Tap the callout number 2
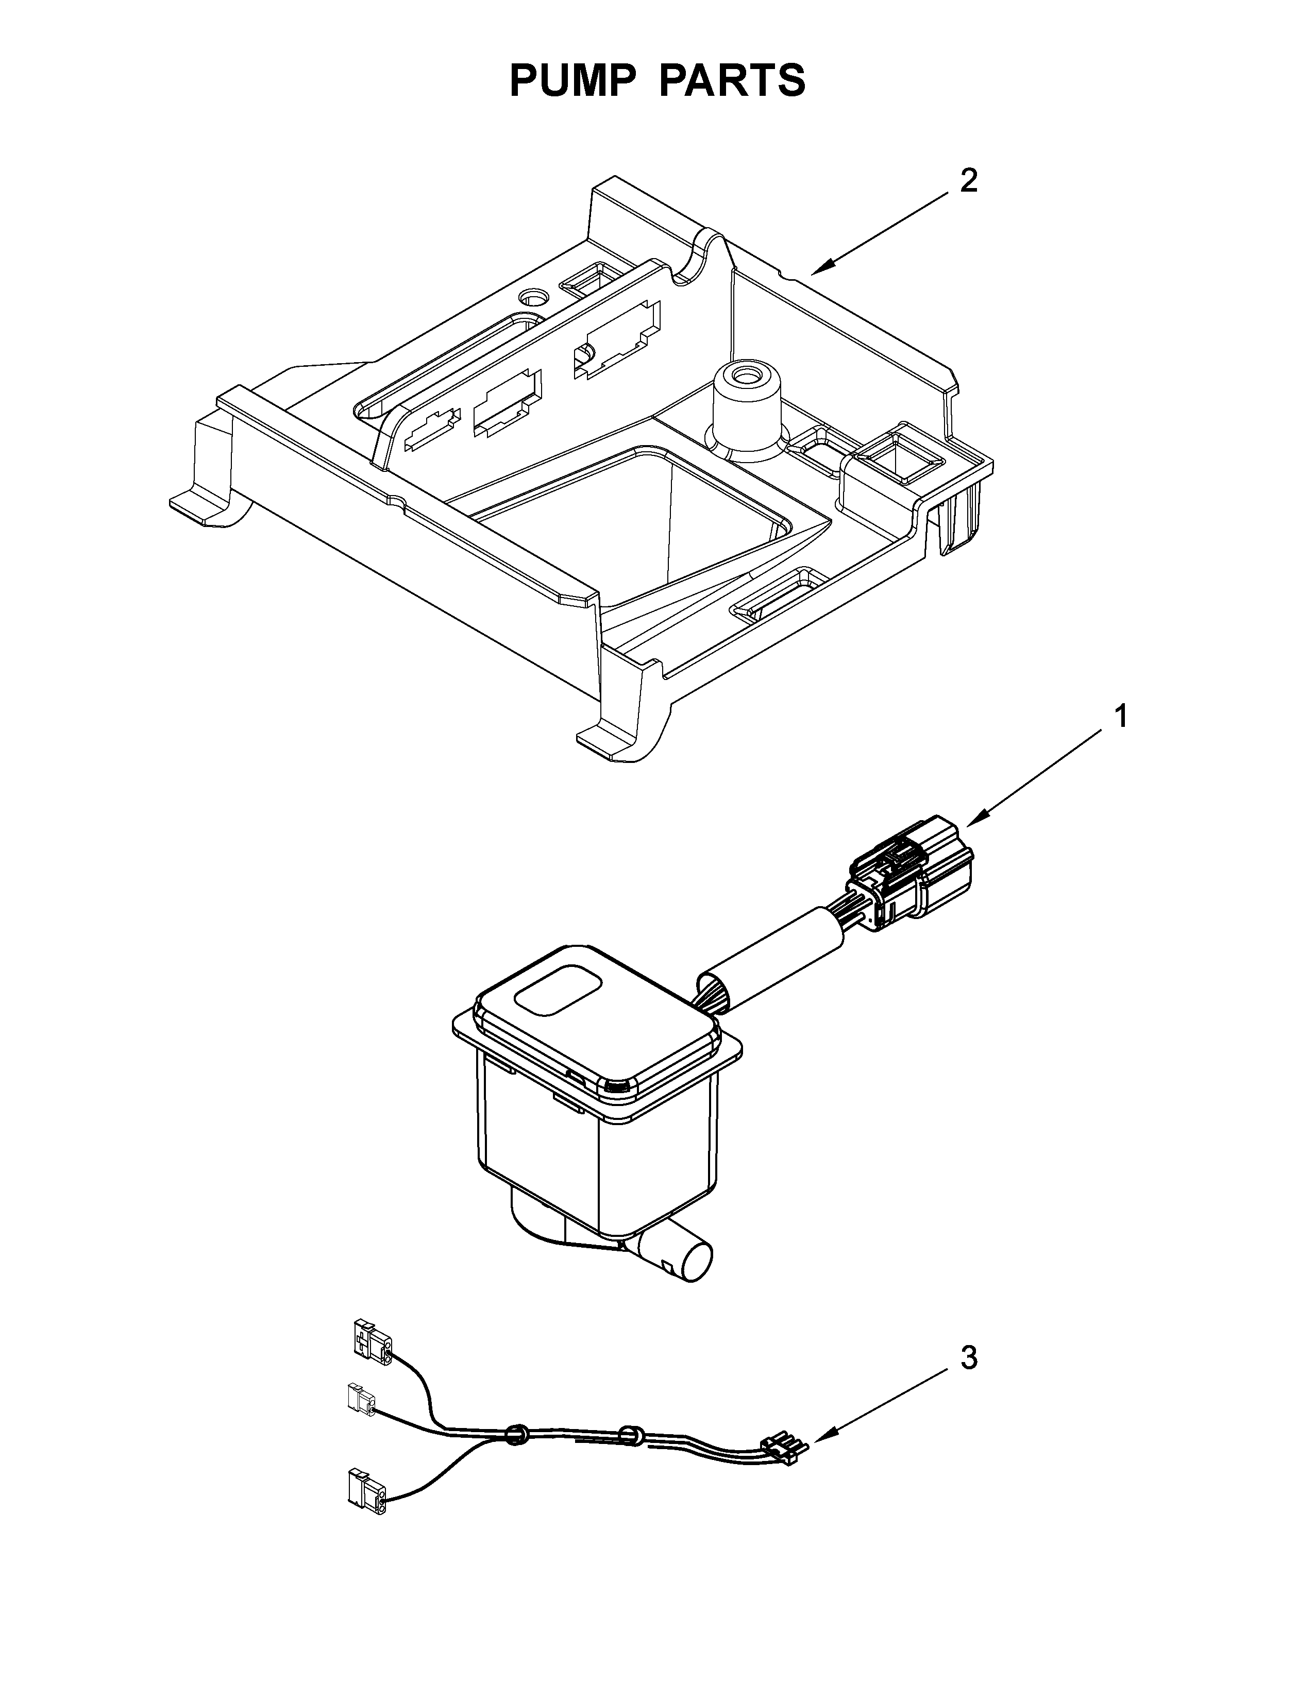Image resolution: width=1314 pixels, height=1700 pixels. coord(968,181)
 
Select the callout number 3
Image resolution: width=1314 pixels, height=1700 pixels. coord(968,1358)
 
